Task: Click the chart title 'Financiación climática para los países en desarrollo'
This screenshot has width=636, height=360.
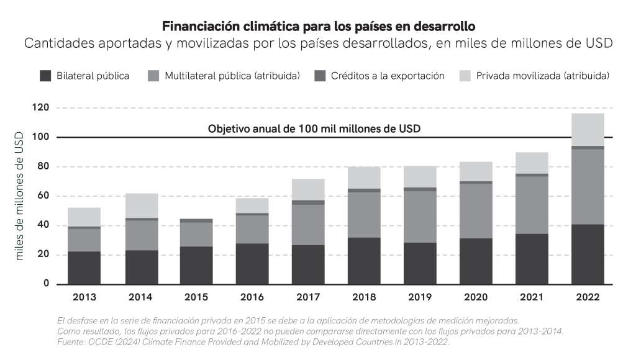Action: click(318, 27)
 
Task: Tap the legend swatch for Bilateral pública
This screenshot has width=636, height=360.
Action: click(45, 76)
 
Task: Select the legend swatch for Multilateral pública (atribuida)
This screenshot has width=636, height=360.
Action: click(153, 76)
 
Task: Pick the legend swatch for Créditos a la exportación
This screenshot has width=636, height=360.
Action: click(320, 76)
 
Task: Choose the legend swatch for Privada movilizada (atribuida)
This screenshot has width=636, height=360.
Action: click(465, 76)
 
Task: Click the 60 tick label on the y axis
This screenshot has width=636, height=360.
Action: click(43, 196)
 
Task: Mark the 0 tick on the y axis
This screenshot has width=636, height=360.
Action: click(46, 284)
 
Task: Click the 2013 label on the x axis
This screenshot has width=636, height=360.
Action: click(84, 297)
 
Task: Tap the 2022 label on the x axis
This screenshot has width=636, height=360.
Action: click(588, 297)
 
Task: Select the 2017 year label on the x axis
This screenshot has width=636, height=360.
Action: click(308, 297)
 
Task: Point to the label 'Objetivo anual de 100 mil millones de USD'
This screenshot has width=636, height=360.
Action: click(314, 129)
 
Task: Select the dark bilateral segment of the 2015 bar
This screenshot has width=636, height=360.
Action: click(196, 266)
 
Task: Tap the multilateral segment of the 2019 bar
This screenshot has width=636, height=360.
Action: click(420, 217)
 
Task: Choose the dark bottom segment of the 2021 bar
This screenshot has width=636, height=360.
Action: click(532, 259)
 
